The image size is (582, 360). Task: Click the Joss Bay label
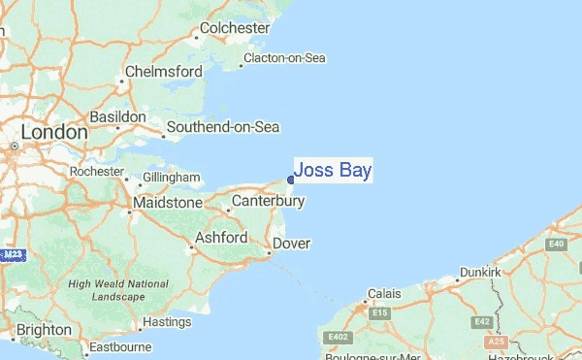point(333,171)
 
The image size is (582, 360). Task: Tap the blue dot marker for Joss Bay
point(291,179)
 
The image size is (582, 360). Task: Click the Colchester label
point(235,28)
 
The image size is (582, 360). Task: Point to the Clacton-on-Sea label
point(284,58)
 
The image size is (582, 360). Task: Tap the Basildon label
point(117,116)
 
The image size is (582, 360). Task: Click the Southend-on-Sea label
point(223,127)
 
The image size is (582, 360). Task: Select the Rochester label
point(97,172)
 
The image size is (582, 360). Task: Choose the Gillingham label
point(171,179)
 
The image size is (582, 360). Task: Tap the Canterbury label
point(269,202)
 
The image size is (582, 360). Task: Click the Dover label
point(291,243)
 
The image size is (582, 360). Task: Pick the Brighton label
point(44,330)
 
